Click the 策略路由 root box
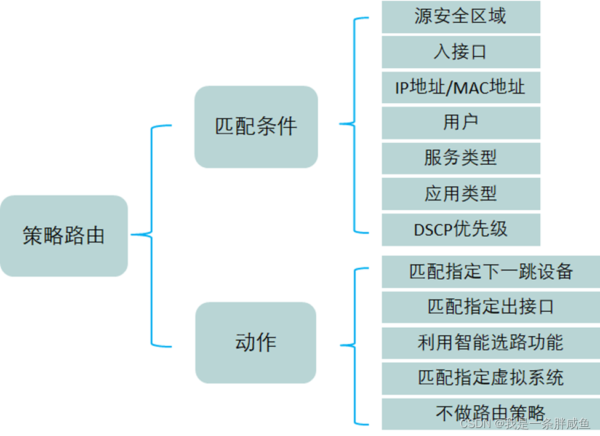click(64, 236)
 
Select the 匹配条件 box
click(256, 127)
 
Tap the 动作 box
click(256, 343)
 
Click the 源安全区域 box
click(460, 17)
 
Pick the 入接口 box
click(460, 52)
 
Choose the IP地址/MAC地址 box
click(460, 87)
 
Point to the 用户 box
click(460, 122)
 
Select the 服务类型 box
click(460, 158)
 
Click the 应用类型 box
click(460, 194)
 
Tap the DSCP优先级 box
click(460, 229)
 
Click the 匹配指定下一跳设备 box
click(490, 272)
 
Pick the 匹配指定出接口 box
click(490, 307)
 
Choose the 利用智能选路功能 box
click(490, 343)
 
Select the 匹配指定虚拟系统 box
click(490, 378)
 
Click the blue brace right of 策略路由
click(151, 235)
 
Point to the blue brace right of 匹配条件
click(355, 125)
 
